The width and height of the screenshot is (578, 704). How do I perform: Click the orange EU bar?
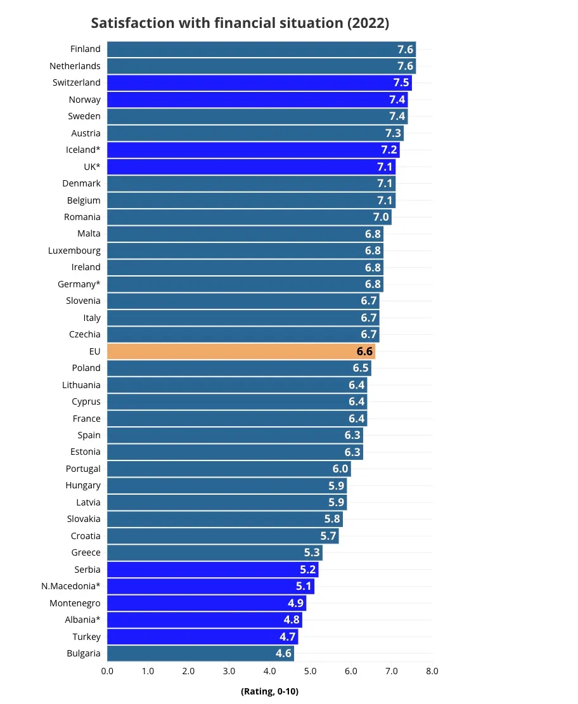pos(241,351)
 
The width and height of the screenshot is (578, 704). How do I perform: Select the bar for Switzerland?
pos(259,82)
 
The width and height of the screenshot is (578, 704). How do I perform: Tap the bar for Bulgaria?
pos(201,653)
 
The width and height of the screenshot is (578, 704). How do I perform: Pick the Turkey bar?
pos(202,637)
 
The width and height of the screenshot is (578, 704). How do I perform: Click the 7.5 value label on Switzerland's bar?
pos(401,82)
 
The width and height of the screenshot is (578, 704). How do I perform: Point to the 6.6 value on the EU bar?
pos(364,351)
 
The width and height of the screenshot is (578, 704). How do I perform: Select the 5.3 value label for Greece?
pos(312,552)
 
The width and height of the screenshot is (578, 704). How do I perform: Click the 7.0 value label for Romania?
pos(381,217)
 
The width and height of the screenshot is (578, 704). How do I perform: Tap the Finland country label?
pos(86,49)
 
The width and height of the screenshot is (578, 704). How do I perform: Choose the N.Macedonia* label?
pos(71,586)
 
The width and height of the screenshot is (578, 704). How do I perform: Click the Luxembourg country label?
pos(75,251)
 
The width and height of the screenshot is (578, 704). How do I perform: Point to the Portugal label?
pos(83,469)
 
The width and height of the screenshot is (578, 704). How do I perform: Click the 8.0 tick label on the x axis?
pos(432,671)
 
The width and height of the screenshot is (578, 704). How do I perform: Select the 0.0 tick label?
pos(107,671)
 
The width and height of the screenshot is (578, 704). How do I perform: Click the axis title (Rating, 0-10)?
pos(270,691)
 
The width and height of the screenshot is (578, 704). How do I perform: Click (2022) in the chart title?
pos(368,23)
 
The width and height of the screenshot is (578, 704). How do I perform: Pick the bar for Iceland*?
pos(254,150)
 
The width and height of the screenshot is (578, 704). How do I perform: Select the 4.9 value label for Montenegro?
pos(296,603)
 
